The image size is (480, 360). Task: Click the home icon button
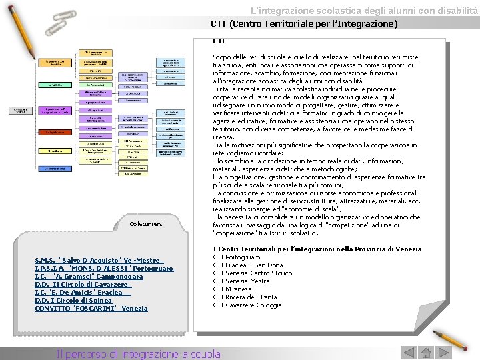426,353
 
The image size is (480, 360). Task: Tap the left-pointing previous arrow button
409,353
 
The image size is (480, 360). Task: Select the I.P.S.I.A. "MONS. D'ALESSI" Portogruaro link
103,268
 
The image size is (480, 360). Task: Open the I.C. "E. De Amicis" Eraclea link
82,292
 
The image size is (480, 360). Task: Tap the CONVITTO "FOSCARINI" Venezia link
91,308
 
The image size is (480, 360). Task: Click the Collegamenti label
146,224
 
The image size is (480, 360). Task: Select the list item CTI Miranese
232,289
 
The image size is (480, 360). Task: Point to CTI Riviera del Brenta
245,297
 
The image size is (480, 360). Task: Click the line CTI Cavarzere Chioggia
247,305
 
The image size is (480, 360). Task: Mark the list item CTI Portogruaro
236,257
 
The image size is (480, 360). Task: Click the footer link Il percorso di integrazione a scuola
139,354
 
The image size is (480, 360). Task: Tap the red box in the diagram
55,132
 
